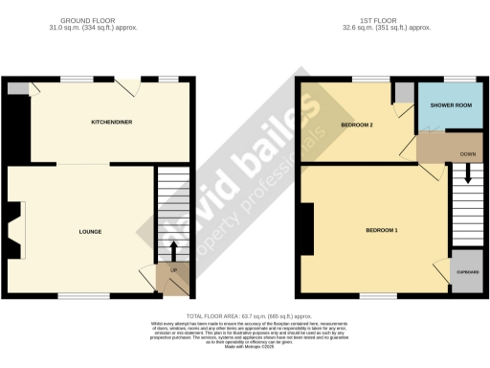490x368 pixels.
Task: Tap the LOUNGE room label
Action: point(91,232)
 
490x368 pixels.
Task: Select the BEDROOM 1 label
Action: point(382,231)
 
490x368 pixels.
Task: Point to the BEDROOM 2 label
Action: point(356,126)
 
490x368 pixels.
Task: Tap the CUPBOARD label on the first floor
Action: point(467,271)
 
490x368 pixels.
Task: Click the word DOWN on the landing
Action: point(467,153)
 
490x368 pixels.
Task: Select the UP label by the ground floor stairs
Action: point(173,270)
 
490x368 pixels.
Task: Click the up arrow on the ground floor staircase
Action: point(173,251)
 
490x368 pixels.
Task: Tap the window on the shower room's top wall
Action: point(461,79)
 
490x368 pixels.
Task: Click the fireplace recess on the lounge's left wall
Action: point(11,230)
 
